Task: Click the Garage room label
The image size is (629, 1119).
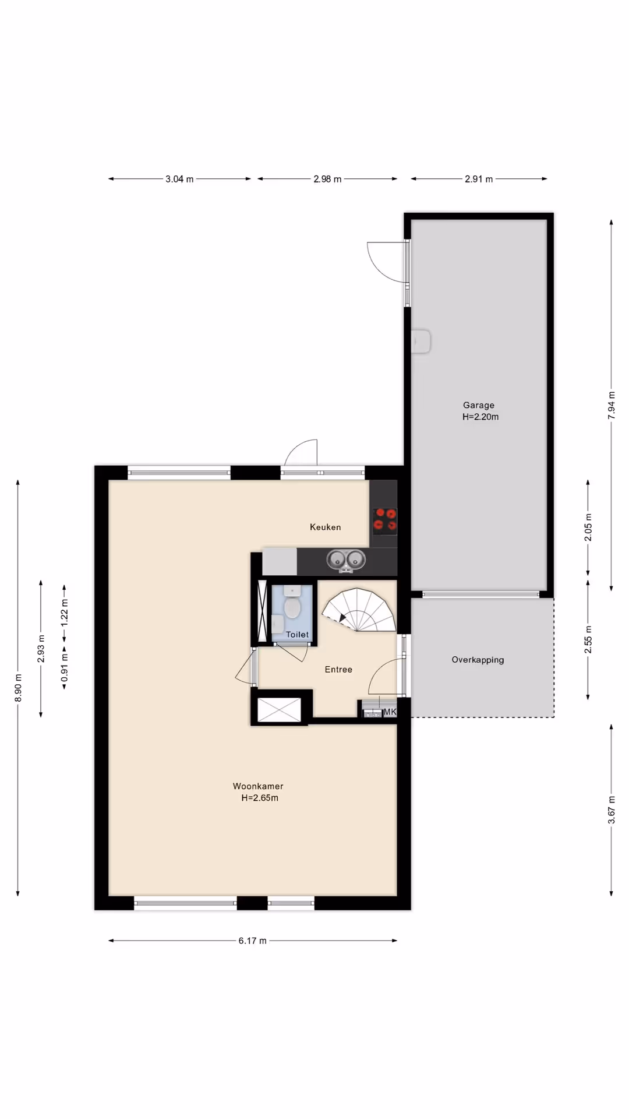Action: pyautogui.click(x=479, y=405)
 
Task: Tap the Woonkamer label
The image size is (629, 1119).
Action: pyautogui.click(x=258, y=786)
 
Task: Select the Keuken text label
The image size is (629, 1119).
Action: pyautogui.click(x=326, y=527)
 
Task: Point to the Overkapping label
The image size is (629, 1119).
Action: pyautogui.click(x=478, y=660)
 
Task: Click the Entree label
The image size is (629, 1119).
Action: pyautogui.click(x=338, y=670)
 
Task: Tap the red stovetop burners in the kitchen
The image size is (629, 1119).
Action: pyautogui.click(x=385, y=520)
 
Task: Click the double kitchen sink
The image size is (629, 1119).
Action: pyautogui.click(x=346, y=560)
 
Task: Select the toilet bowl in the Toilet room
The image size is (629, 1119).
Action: pyautogui.click(x=292, y=608)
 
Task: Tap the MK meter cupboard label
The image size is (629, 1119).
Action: pyautogui.click(x=390, y=712)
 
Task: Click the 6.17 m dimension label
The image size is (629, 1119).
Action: pyautogui.click(x=252, y=941)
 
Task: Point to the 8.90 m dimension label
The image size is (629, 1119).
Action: pyautogui.click(x=18, y=688)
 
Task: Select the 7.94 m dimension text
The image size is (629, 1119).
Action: pyautogui.click(x=612, y=405)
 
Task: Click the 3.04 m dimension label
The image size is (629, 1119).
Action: pyautogui.click(x=179, y=179)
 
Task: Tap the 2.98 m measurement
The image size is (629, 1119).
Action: pyautogui.click(x=327, y=179)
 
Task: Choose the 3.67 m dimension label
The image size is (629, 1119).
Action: pyautogui.click(x=612, y=810)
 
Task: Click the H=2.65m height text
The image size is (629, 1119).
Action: pyautogui.click(x=260, y=798)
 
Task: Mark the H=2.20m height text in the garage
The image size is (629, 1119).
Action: pyautogui.click(x=480, y=417)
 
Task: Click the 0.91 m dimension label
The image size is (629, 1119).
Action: pyautogui.click(x=65, y=667)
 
